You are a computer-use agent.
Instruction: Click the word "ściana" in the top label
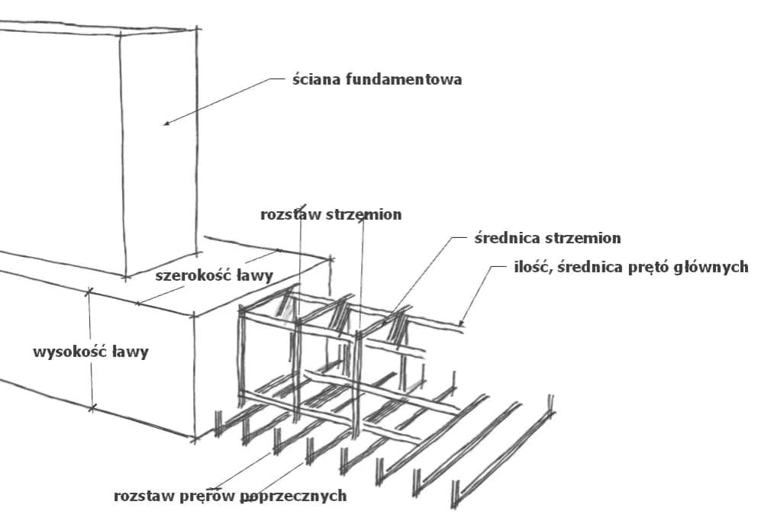coord(313,79)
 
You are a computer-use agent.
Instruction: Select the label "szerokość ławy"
coord(214,276)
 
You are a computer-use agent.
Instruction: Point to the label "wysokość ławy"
coord(91,352)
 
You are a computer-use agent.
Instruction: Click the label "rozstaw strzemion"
coord(331,215)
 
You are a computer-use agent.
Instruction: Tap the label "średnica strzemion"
coord(547,238)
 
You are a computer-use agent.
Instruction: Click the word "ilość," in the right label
coord(534,268)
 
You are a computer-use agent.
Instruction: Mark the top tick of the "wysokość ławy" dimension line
coord(89,291)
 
